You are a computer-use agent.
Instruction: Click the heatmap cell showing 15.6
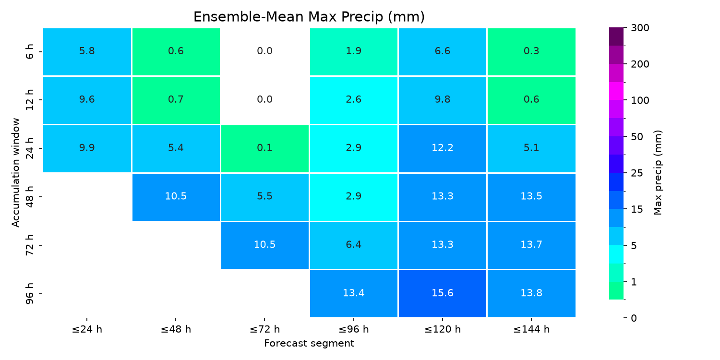pyautogui.click(x=442, y=293)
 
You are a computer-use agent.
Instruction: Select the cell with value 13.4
pyautogui.click(x=354, y=293)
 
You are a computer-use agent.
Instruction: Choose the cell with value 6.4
pyautogui.click(x=354, y=245)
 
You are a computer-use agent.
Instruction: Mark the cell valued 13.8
pyautogui.click(x=531, y=293)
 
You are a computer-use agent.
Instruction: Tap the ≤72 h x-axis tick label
pyautogui.click(x=265, y=329)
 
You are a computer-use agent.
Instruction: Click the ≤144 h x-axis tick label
pyautogui.click(x=531, y=329)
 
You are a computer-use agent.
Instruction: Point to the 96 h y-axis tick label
pyautogui.click(x=30, y=293)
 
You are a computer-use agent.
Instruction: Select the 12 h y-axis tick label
pyautogui.click(x=30, y=100)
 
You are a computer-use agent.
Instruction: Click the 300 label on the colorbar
pyautogui.click(x=640, y=28)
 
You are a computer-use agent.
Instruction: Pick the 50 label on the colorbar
pyautogui.click(x=637, y=137)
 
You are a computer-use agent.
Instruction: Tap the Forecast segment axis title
pyautogui.click(x=309, y=343)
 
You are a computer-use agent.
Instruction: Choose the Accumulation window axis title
pyautogui.click(x=15, y=173)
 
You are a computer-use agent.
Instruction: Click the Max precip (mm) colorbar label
pyautogui.click(x=658, y=173)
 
